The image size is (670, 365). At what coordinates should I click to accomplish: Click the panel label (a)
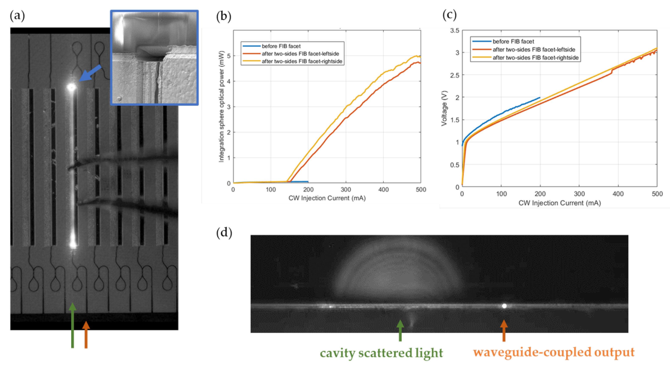(17, 16)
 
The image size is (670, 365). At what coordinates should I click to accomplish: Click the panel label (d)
(224, 232)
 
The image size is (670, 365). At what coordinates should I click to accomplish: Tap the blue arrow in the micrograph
(90, 73)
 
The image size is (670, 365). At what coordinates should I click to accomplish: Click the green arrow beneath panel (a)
(73, 325)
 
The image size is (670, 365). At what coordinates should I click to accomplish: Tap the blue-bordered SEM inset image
(155, 58)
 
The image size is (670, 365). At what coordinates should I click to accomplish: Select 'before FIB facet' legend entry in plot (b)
(281, 46)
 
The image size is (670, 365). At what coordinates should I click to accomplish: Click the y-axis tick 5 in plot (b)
(229, 56)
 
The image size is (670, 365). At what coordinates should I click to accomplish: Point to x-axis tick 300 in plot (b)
(346, 190)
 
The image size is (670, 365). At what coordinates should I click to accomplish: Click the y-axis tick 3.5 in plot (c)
(454, 31)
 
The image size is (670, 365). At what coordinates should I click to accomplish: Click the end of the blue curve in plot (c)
(540, 98)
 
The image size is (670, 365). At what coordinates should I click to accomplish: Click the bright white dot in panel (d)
(504, 306)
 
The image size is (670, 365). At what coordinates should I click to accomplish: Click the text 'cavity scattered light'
(381, 353)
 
